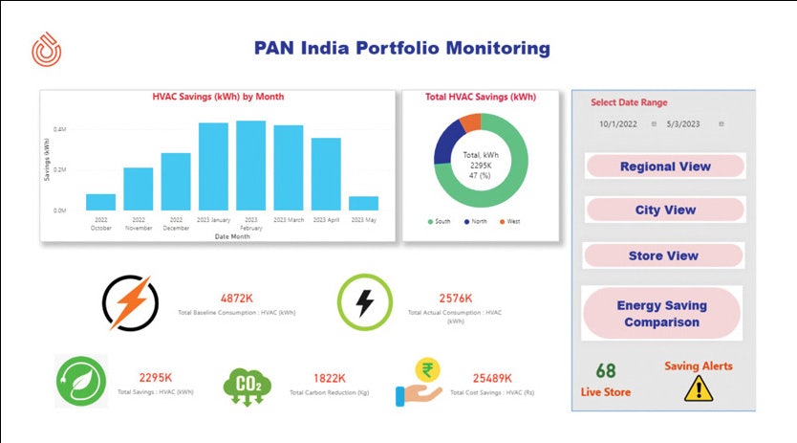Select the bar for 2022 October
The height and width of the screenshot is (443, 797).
click(x=100, y=202)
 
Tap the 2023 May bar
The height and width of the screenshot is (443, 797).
click(x=363, y=203)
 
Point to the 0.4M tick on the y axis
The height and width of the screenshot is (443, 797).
click(x=59, y=128)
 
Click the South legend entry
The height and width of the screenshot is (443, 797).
click(x=439, y=222)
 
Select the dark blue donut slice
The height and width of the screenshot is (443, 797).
click(x=443, y=144)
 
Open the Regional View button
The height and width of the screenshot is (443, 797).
click(x=665, y=166)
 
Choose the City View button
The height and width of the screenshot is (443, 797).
click(x=665, y=210)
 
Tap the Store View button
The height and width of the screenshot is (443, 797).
click(x=663, y=255)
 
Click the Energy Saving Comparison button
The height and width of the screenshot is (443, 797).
click(x=662, y=314)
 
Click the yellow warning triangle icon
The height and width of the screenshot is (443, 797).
click(x=699, y=388)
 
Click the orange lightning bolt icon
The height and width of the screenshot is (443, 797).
click(x=131, y=303)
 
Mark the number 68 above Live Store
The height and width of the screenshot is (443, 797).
click(x=606, y=371)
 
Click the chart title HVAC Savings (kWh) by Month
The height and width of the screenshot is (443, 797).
click(x=218, y=97)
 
